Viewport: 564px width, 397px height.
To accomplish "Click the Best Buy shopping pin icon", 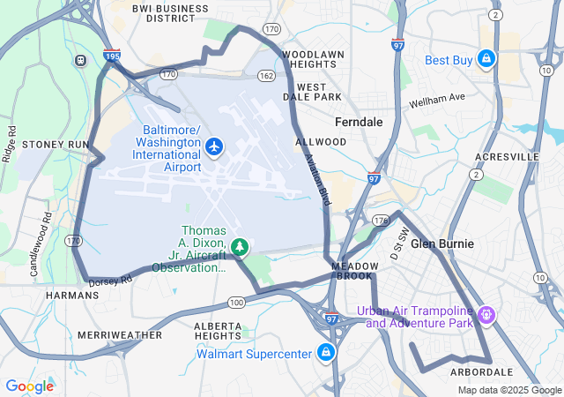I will [485, 60].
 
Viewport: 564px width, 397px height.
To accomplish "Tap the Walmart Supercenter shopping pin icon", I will [326, 354].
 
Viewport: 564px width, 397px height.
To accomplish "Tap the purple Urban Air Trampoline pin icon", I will [487, 313].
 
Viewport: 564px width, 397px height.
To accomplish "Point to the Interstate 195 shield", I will [112, 55].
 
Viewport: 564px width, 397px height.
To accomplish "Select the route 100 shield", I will [236, 303].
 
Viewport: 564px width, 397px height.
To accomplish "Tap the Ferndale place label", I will [359, 122].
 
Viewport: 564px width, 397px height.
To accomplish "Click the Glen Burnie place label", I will [442, 243].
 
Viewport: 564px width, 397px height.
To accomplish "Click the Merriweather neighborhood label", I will [120, 335].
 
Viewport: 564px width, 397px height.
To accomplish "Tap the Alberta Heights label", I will [218, 331].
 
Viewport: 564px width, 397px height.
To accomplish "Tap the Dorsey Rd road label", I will [110, 280].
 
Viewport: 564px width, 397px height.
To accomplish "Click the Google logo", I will [29, 386].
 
